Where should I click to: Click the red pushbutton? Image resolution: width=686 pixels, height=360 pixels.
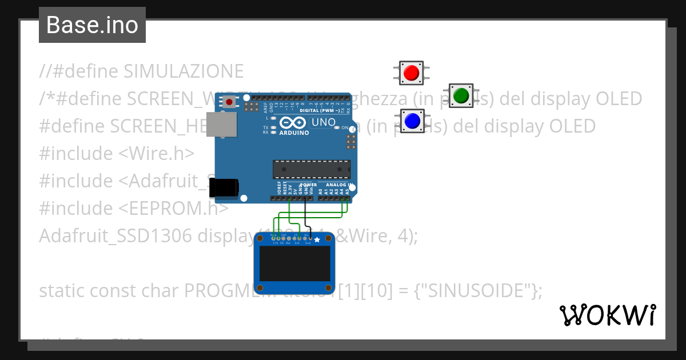[410, 73]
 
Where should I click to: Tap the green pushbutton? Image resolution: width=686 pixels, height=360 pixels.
[461, 95]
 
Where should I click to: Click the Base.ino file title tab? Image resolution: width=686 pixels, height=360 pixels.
[92, 25]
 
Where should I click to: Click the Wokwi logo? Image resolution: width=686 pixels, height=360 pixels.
[607, 314]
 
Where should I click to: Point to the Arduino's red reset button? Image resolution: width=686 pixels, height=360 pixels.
[229, 102]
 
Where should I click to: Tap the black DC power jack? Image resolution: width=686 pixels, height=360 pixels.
[224, 187]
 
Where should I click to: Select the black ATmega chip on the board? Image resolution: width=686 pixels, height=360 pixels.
[311, 169]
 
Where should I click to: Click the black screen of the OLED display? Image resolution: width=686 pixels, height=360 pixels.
[294, 263]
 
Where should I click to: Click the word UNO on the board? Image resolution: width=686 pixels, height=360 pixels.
[322, 123]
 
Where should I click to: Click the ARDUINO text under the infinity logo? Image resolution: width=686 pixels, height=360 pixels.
[294, 133]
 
